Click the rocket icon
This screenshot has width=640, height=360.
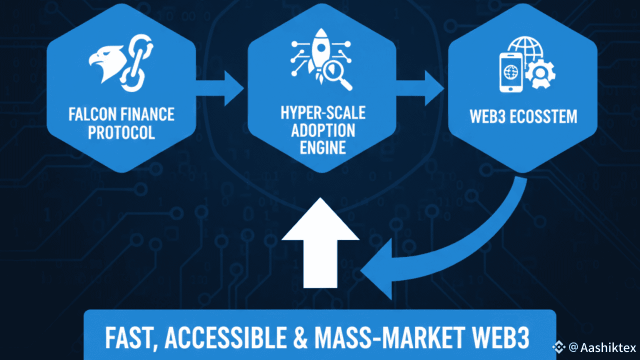click(317, 52)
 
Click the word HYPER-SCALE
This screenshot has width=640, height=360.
click(322, 112)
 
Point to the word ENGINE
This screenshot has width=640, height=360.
click(322, 148)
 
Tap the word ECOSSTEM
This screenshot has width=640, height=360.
click(547, 116)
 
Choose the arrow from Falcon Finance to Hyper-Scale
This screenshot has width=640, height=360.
click(224, 88)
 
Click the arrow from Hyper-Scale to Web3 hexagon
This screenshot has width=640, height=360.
click(425, 88)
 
